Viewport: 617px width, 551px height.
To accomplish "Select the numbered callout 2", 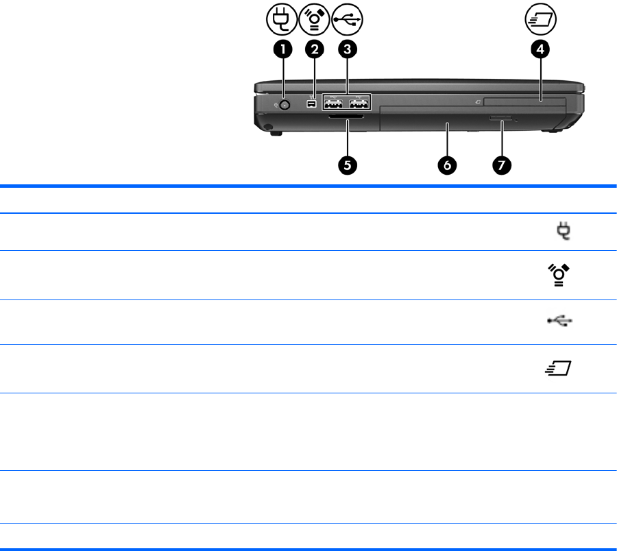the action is pos(315,49).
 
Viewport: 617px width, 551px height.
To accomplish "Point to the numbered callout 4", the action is pos(541,49).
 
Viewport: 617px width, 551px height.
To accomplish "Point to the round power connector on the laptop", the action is pos(285,105).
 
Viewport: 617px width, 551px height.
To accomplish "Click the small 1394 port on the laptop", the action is pos(311,105).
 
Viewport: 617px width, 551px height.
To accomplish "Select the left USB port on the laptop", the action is pos(332,105).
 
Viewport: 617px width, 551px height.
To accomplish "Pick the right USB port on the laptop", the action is pos(358,105).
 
